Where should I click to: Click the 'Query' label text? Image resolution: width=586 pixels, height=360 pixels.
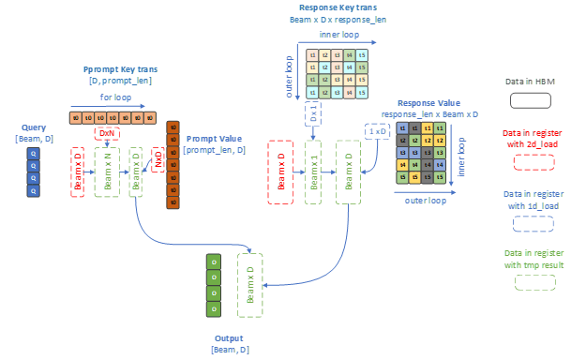click(34, 127)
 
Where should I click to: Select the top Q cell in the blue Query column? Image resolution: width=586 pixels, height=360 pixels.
click(34, 151)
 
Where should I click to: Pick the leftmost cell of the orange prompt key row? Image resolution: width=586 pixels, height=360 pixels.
click(76, 118)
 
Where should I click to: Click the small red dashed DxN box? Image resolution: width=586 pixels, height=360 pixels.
click(107, 134)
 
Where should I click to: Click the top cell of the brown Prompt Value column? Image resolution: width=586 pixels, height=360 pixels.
click(172, 127)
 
